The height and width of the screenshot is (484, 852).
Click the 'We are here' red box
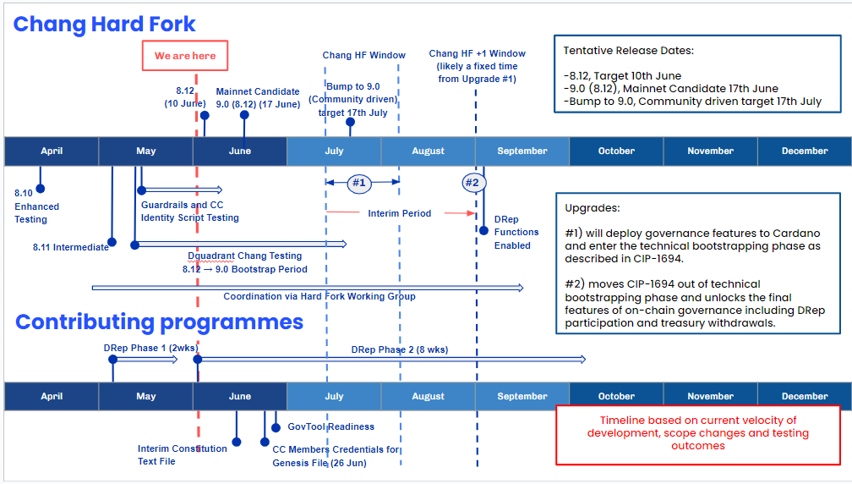click(x=185, y=56)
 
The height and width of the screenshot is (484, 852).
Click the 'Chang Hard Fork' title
click(x=105, y=24)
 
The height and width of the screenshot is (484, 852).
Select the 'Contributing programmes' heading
click(x=159, y=322)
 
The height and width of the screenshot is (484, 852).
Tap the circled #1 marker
click(x=358, y=183)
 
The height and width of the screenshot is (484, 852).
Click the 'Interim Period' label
click(x=399, y=213)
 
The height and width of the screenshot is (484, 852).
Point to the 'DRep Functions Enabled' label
click(x=516, y=232)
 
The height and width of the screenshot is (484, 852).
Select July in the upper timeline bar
click(x=334, y=151)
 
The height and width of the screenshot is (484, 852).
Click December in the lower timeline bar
click(x=804, y=396)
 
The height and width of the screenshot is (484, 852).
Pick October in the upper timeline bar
click(x=616, y=151)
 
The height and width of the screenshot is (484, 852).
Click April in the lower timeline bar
click(x=52, y=396)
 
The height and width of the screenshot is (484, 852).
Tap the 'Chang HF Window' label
click(x=363, y=56)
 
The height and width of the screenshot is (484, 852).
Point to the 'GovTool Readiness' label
click(x=330, y=426)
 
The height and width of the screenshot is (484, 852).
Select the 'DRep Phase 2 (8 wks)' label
click(x=400, y=349)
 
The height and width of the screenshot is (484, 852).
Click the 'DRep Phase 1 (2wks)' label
click(x=139, y=348)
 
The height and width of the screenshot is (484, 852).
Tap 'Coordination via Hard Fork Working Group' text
click(x=319, y=296)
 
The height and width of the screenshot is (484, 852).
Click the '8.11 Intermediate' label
click(x=71, y=247)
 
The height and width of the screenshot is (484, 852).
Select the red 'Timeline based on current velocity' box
click(x=698, y=434)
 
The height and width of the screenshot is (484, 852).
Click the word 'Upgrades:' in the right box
click(x=592, y=207)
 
